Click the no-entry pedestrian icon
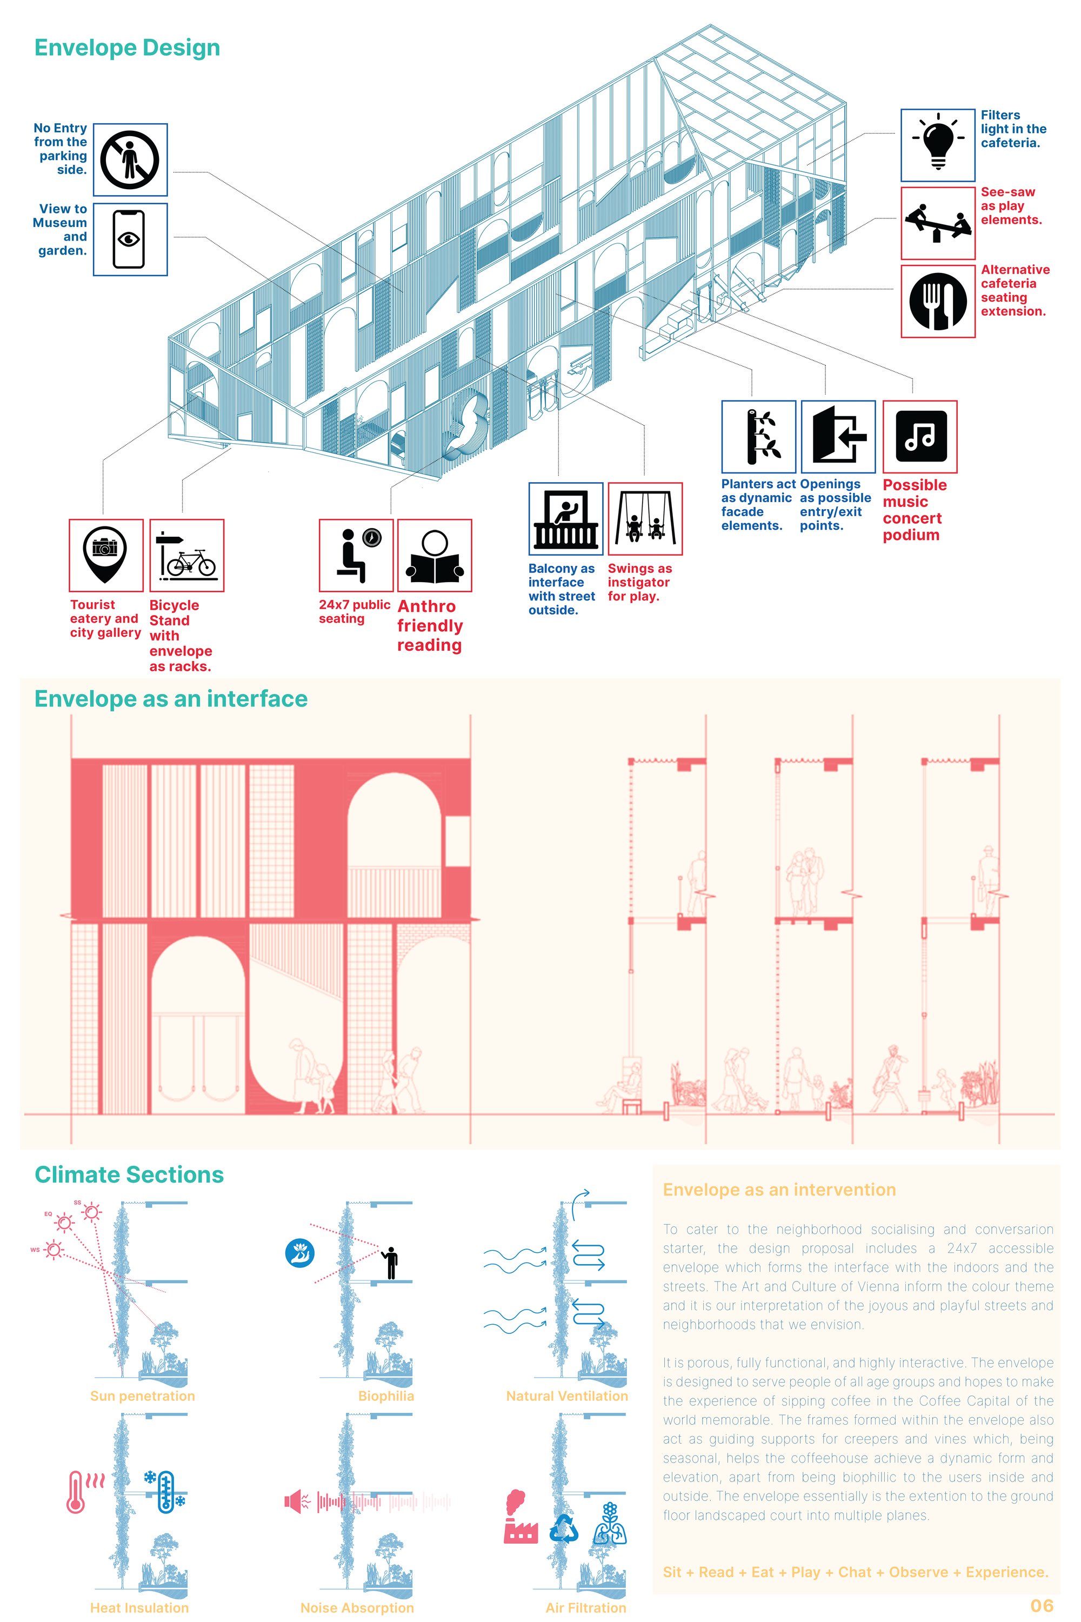[x=130, y=159]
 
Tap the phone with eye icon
[x=129, y=239]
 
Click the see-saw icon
[x=938, y=223]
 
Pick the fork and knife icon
[x=938, y=301]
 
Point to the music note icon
[x=920, y=436]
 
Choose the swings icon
[x=645, y=518]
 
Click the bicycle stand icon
[x=187, y=555]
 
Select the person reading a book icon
[x=435, y=556]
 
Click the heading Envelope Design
[x=128, y=48]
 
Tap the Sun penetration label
[x=143, y=1396]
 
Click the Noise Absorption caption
[x=357, y=1607]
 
